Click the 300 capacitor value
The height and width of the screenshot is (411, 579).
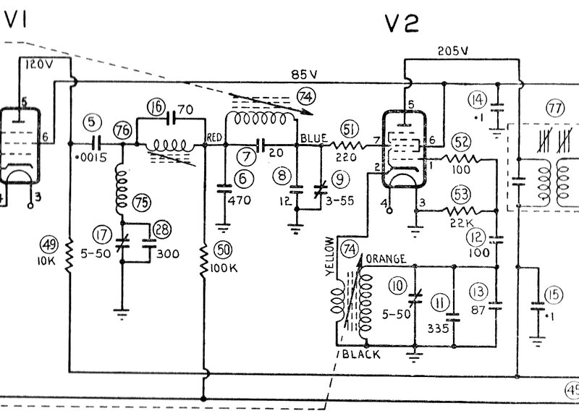point(169,254)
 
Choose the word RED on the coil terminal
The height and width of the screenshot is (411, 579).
point(214,136)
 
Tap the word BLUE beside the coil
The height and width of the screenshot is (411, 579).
point(313,136)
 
